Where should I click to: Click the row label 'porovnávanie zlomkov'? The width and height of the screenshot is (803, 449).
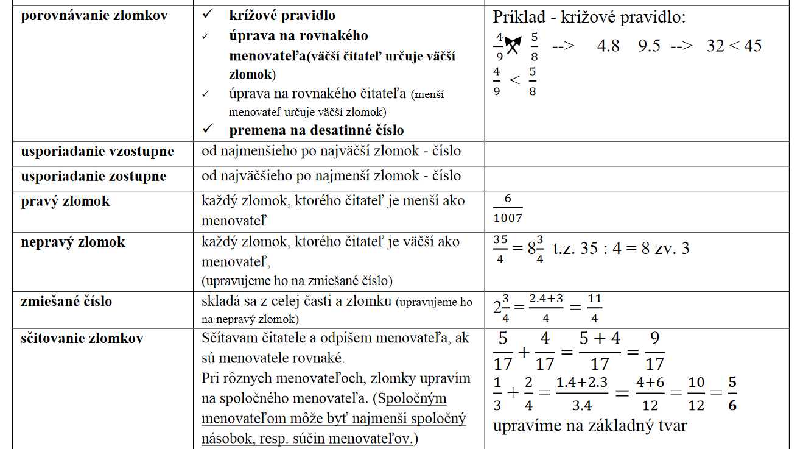[94, 16]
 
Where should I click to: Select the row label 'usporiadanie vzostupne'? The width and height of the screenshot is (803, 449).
[97, 151]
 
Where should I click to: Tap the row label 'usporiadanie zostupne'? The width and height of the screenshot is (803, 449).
[94, 176]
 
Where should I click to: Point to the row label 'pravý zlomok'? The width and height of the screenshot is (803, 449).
[66, 201]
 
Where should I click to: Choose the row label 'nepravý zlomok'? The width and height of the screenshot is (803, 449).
[73, 242]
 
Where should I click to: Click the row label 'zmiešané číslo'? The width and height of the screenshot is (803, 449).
[67, 301]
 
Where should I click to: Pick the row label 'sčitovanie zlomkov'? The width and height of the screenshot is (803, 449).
[82, 338]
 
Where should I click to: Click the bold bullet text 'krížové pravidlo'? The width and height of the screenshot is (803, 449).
[282, 16]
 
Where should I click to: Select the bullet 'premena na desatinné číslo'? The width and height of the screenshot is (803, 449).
[316, 130]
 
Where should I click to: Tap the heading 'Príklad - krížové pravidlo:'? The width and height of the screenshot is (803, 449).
[589, 17]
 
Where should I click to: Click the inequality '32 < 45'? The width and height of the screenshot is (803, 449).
[734, 46]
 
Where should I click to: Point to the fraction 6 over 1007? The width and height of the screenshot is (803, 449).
[508, 209]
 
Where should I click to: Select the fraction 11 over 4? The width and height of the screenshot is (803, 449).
[594, 309]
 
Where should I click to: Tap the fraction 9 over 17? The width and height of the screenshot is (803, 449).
[654, 352]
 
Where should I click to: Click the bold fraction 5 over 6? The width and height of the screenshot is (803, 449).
[732, 394]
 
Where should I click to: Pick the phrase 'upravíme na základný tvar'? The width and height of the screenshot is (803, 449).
[589, 425]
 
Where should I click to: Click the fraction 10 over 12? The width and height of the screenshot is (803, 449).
[696, 394]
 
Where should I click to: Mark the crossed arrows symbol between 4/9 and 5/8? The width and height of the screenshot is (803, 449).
[513, 44]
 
